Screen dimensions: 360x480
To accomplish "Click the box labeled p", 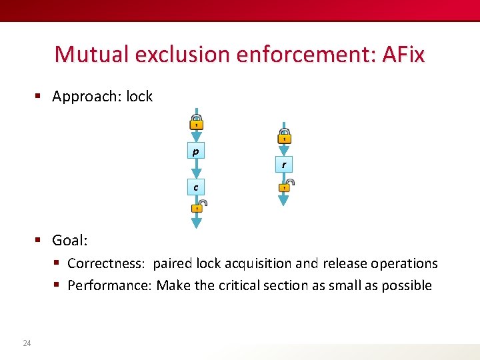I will click(x=195, y=151).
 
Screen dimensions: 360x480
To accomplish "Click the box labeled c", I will click(x=195, y=187).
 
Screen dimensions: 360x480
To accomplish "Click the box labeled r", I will click(x=284, y=164).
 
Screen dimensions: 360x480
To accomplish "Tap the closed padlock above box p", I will click(x=196, y=123).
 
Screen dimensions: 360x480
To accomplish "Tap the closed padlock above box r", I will click(x=284, y=138).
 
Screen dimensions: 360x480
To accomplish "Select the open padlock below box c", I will click(x=198, y=206).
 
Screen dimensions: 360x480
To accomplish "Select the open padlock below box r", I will click(x=285, y=185).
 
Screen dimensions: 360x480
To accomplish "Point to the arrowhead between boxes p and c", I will click(x=196, y=173).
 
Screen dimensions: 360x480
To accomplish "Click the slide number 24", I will click(x=27, y=343).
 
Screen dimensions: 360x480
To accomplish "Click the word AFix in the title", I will click(x=403, y=54).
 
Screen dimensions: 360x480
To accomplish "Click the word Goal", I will click(x=69, y=240).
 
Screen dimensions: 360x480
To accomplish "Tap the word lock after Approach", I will click(x=139, y=97).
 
